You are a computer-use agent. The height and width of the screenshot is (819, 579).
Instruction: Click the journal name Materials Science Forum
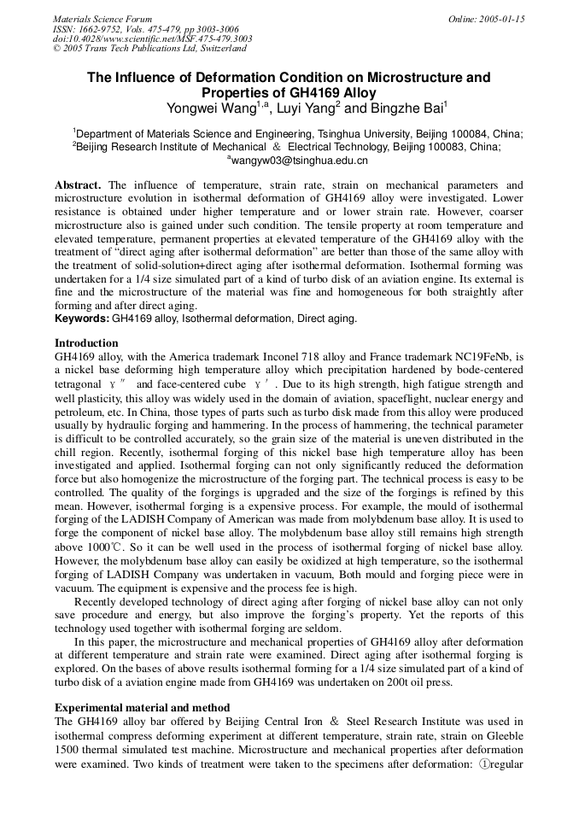[102, 19]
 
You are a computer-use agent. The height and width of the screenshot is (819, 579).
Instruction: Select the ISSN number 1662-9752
[102, 29]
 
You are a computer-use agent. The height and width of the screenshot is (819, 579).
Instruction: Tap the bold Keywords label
[82, 319]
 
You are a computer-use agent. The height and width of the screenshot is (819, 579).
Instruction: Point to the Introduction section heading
[86, 343]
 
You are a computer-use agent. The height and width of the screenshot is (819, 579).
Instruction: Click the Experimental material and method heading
[142, 708]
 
